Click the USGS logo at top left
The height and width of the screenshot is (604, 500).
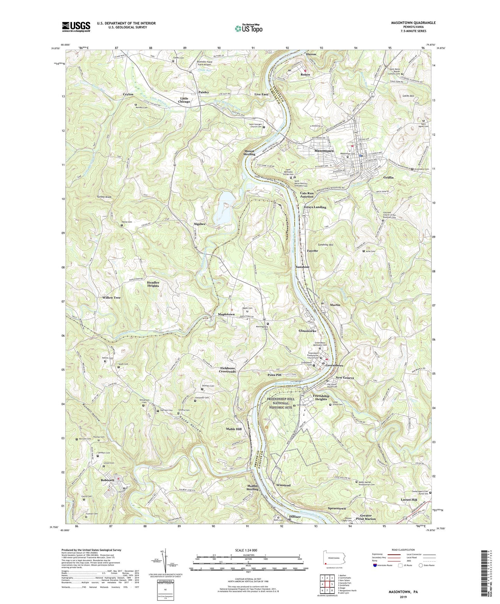[76, 26]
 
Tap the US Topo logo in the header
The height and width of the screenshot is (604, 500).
[248, 28]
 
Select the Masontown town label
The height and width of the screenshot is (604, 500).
[324, 151]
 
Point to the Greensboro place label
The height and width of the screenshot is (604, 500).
[334, 366]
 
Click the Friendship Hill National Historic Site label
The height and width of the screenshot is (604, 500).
[281, 403]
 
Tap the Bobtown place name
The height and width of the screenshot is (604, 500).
[107, 480]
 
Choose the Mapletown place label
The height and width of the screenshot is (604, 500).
[226, 314]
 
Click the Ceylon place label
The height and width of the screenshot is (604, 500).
[128, 94]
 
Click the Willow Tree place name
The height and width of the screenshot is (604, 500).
[111, 298]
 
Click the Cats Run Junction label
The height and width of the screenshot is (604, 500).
[307, 195]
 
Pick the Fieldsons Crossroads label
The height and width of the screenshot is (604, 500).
[227, 370]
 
